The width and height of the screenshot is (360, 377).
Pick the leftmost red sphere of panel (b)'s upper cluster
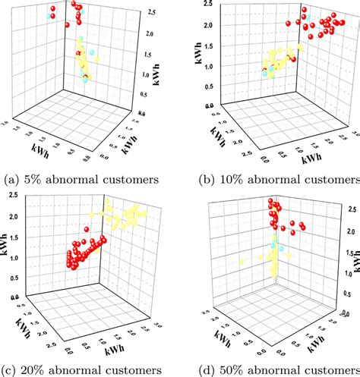(289, 24)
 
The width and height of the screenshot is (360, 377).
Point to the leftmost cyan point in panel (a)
(50, 15)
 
